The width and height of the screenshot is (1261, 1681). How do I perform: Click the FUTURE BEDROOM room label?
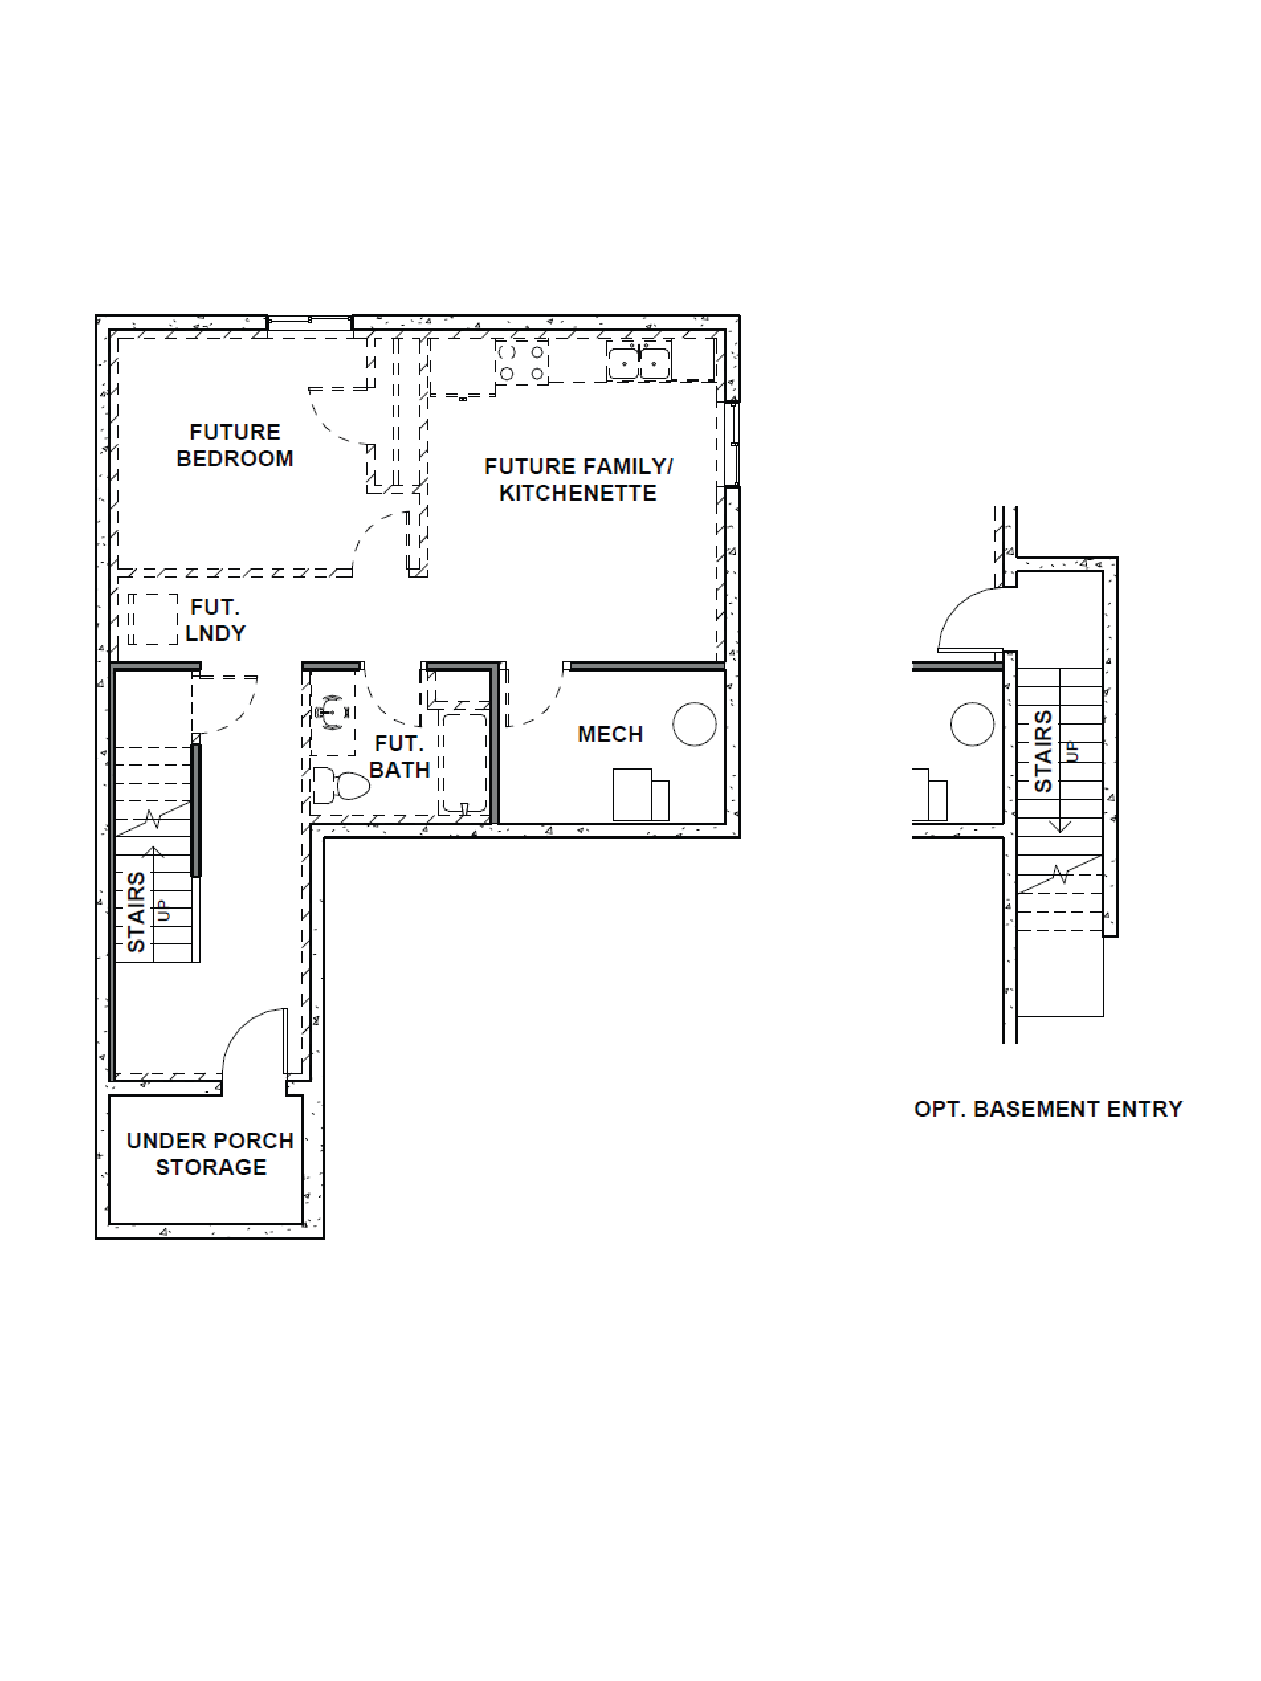tap(235, 445)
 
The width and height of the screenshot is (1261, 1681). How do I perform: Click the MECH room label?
tap(610, 734)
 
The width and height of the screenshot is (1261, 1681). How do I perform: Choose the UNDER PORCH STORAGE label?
tap(211, 1154)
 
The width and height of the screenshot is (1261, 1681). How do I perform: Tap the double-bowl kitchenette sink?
tap(638, 362)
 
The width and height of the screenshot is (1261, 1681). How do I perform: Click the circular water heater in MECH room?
tap(694, 724)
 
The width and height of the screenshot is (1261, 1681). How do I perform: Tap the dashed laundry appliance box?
tap(152, 619)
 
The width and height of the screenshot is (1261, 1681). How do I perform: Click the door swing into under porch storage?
tap(253, 1041)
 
